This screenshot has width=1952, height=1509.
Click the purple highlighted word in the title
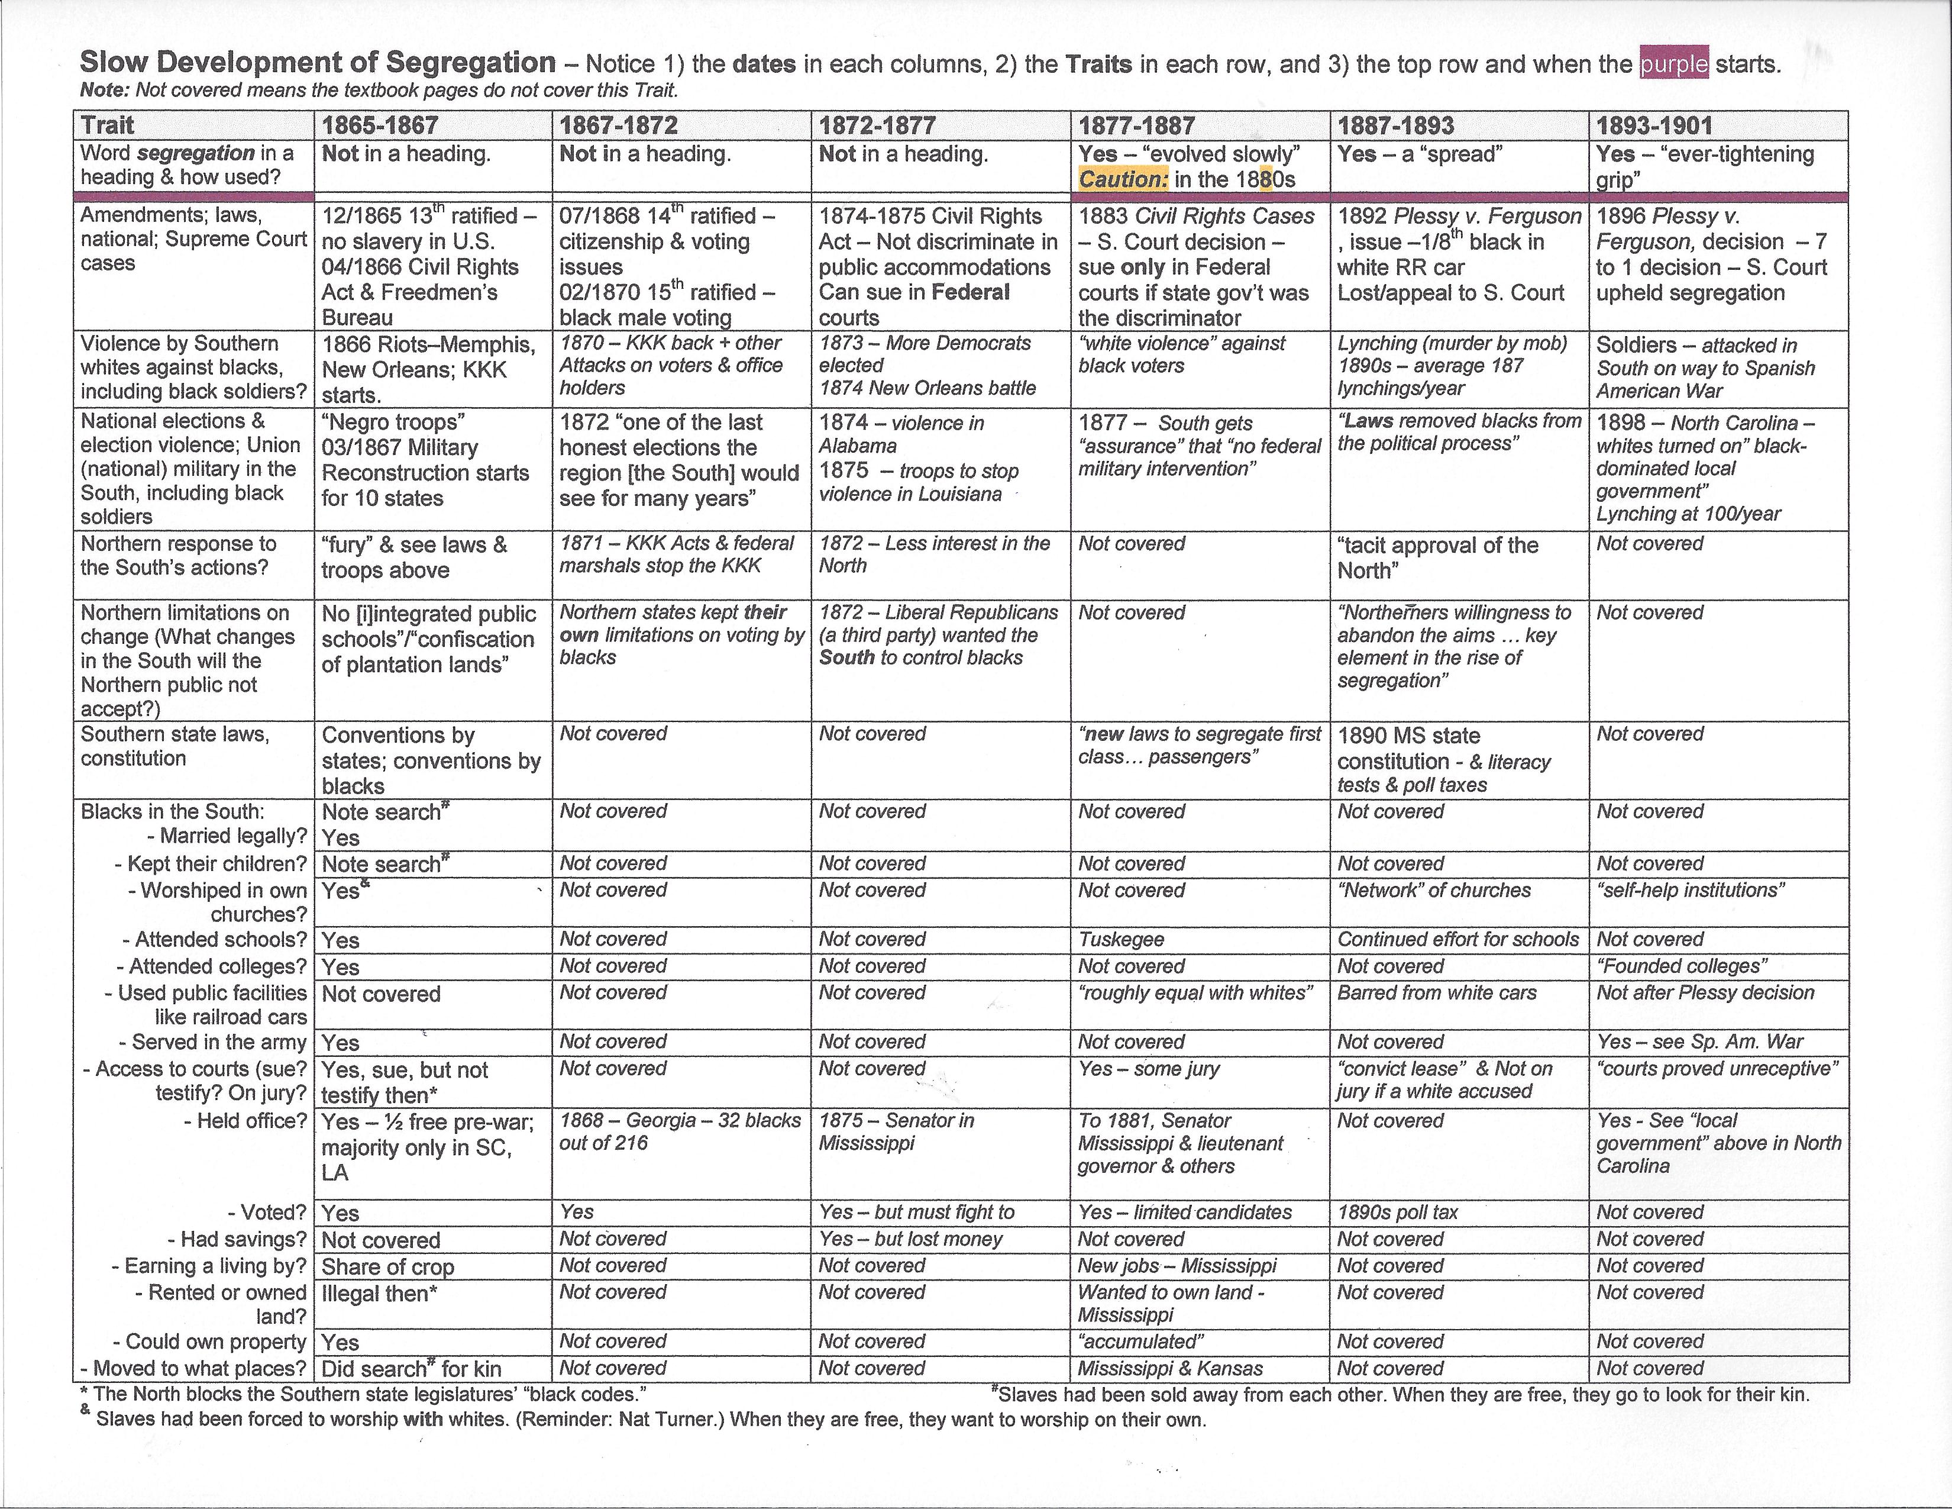point(1673,65)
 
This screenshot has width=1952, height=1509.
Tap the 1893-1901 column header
point(1654,125)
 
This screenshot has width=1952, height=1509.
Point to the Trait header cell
point(108,125)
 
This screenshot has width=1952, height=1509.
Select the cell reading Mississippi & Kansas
point(1170,1369)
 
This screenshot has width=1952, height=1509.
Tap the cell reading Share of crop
point(388,1267)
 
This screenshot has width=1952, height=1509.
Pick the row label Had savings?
point(237,1239)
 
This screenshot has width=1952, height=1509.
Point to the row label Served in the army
point(218,1042)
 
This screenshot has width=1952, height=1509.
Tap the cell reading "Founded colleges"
point(1682,966)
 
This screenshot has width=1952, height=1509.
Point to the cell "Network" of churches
point(1434,891)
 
